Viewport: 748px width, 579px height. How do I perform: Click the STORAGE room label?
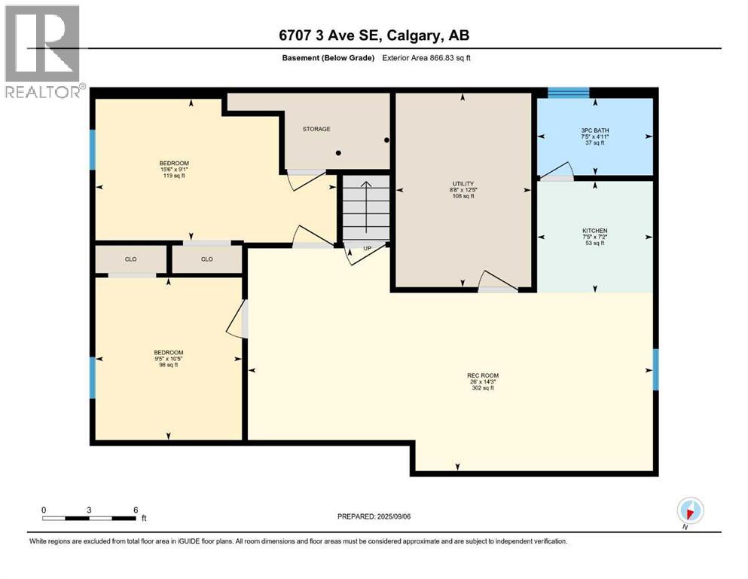click(x=316, y=129)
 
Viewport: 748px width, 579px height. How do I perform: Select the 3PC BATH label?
click(x=595, y=130)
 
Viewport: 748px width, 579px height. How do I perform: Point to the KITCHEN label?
click(x=594, y=231)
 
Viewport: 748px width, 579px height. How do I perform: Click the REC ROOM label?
click(x=483, y=375)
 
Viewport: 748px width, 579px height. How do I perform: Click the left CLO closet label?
click(x=130, y=259)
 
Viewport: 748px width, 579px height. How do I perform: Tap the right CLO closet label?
click(x=207, y=259)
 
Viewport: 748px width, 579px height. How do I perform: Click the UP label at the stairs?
click(x=368, y=248)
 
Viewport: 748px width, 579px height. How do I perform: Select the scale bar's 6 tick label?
click(x=136, y=510)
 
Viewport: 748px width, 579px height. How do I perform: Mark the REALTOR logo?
click(x=43, y=52)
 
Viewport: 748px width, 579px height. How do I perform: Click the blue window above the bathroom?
click(x=568, y=93)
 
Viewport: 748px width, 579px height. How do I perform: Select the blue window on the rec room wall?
click(x=655, y=369)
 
